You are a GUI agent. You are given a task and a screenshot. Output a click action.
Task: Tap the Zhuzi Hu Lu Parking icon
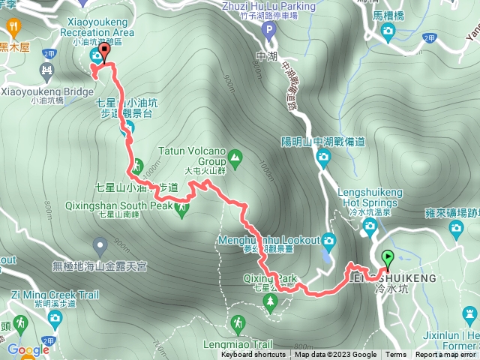click(x=270, y=31)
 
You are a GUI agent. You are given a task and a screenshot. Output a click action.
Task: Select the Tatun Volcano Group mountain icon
click(x=236, y=157)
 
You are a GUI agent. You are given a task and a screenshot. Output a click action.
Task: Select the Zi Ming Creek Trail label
click(x=55, y=295)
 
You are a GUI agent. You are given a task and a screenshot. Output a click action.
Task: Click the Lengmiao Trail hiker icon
click(x=238, y=323)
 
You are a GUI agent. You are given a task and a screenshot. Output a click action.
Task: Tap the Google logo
click(x=28, y=349)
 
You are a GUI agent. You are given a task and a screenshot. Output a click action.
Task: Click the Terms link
click(x=396, y=355)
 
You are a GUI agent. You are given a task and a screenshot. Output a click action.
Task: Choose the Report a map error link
click(x=447, y=355)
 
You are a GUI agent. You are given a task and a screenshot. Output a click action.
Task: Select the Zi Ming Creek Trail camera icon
click(x=55, y=319)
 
